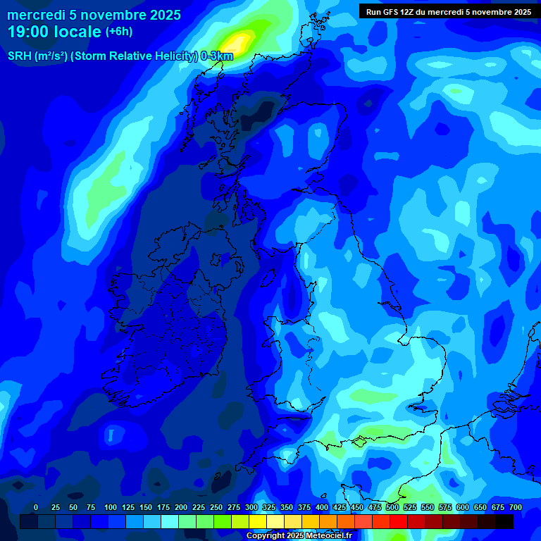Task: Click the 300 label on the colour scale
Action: coord(251,507)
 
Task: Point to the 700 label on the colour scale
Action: coord(516,507)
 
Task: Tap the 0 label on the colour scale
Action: coord(36,507)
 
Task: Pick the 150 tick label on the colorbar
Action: coord(146,507)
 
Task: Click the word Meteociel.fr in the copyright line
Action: coord(328,536)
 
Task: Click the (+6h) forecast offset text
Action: coord(118,32)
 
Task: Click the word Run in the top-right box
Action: coord(373,11)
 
